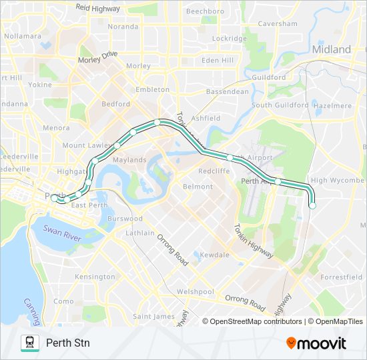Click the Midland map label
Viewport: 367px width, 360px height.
coord(332,49)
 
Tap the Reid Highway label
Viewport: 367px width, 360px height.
coord(97,8)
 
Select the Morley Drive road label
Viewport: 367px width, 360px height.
coord(97,56)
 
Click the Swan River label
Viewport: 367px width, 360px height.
coord(62,230)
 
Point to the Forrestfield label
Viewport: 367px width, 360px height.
coord(341,277)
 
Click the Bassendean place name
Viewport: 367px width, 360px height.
coord(227,91)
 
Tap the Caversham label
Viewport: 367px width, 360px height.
coord(278,23)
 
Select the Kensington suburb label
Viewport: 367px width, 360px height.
coord(95,277)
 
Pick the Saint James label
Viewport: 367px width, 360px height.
coord(153,316)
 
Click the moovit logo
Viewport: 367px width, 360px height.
coord(316,343)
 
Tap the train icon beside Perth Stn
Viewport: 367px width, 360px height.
coord(29,343)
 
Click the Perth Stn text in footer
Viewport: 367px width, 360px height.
coord(68,343)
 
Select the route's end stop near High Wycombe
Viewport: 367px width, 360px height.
coord(312,206)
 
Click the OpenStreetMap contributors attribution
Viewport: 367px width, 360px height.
coord(256,321)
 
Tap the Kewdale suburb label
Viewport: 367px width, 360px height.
coord(214,255)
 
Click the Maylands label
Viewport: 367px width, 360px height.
coord(129,160)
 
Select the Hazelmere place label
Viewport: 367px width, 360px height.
coord(332,105)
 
